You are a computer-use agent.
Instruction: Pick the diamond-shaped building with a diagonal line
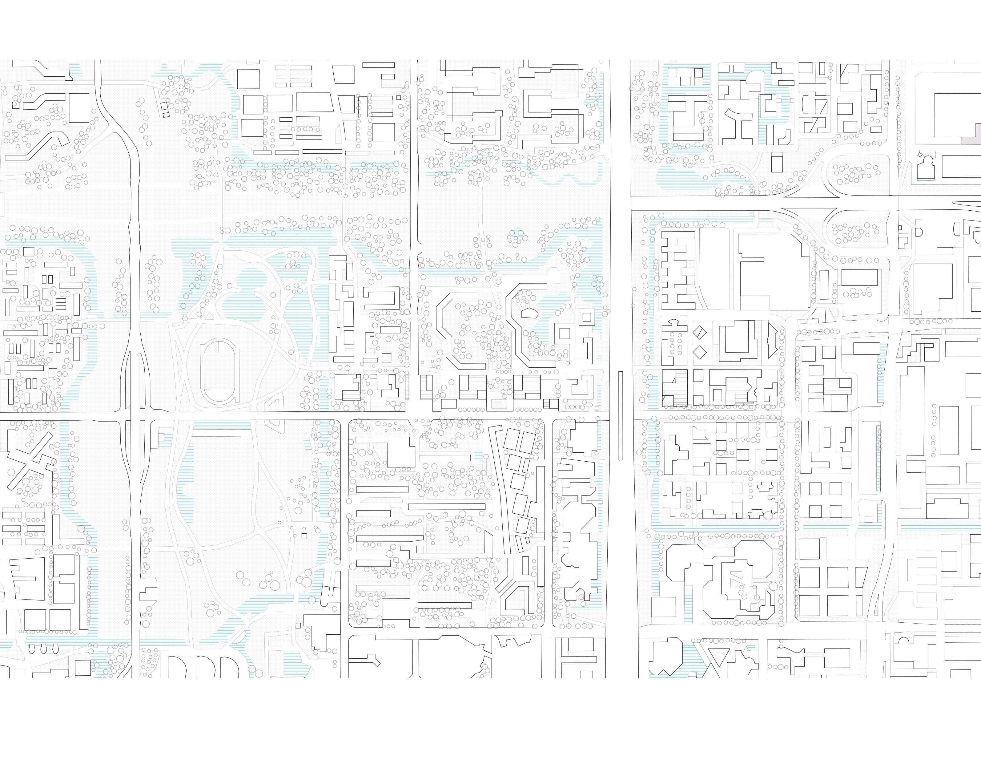(700, 333)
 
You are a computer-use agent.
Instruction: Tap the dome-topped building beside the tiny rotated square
(925, 167)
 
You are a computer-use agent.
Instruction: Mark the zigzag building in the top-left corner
(43, 69)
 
